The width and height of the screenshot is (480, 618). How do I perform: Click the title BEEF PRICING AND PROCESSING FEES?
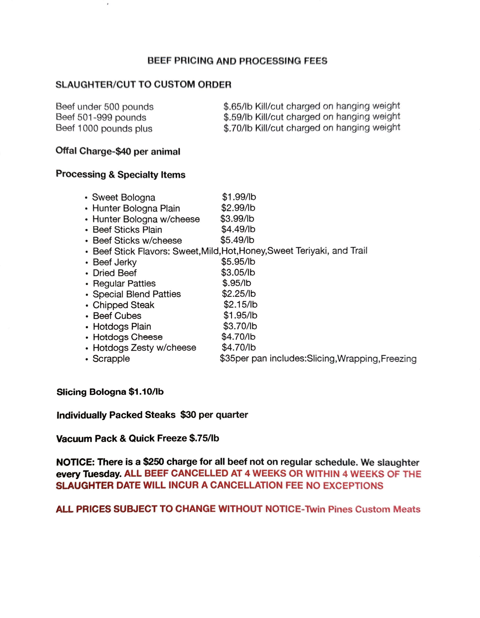pyautogui.click(x=237, y=61)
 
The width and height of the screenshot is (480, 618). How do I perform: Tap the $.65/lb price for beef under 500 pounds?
pyautogui.click(x=238, y=106)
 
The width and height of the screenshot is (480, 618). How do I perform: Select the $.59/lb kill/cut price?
pyautogui.click(x=238, y=117)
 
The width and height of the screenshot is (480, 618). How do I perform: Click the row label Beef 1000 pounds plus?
pyautogui.click(x=104, y=128)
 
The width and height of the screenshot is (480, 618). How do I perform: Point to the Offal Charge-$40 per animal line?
pyautogui.click(x=117, y=151)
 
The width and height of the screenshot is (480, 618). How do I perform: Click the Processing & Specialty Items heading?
pyautogui.click(x=120, y=175)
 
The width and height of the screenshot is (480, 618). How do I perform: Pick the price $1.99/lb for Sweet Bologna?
pyautogui.click(x=239, y=197)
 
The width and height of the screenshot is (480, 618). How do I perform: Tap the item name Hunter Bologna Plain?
pyautogui.click(x=136, y=208)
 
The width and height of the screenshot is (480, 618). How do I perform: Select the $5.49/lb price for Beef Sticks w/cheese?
pyautogui.click(x=237, y=240)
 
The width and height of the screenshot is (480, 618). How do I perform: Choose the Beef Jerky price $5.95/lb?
pyautogui.click(x=238, y=262)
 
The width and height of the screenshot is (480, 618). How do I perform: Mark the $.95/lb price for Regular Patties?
pyautogui.click(x=236, y=283)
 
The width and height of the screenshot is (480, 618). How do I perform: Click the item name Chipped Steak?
pyautogui.click(x=123, y=305)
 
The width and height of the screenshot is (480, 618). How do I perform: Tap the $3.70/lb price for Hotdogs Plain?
pyautogui.click(x=240, y=326)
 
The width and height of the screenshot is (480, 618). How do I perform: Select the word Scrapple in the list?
pyautogui.click(x=111, y=359)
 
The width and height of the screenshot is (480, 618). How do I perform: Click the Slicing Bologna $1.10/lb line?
pyautogui.click(x=110, y=392)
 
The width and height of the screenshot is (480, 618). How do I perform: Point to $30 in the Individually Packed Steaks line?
pyautogui.click(x=188, y=415)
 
